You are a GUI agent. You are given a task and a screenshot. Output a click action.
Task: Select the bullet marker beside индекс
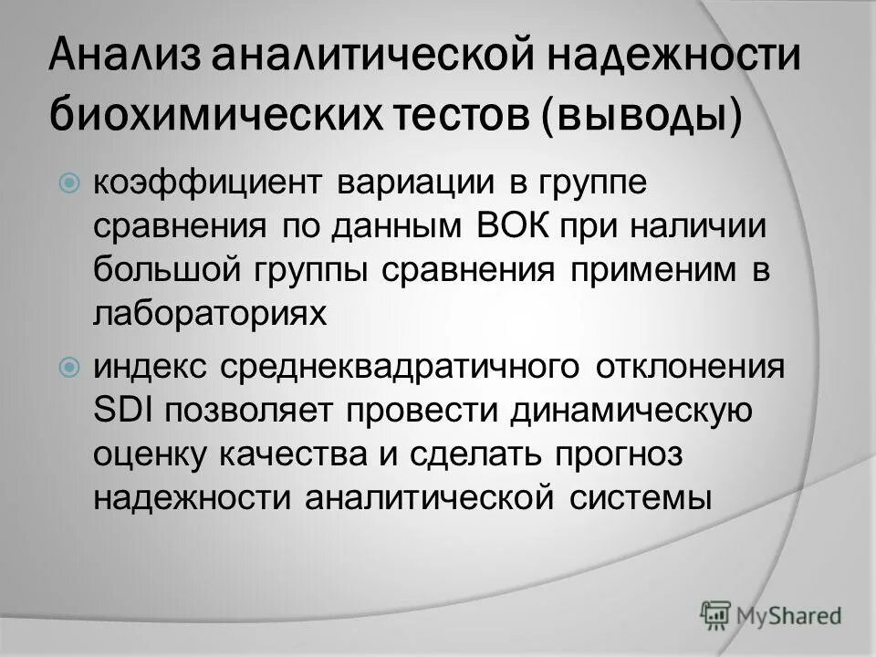[x=69, y=369]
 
